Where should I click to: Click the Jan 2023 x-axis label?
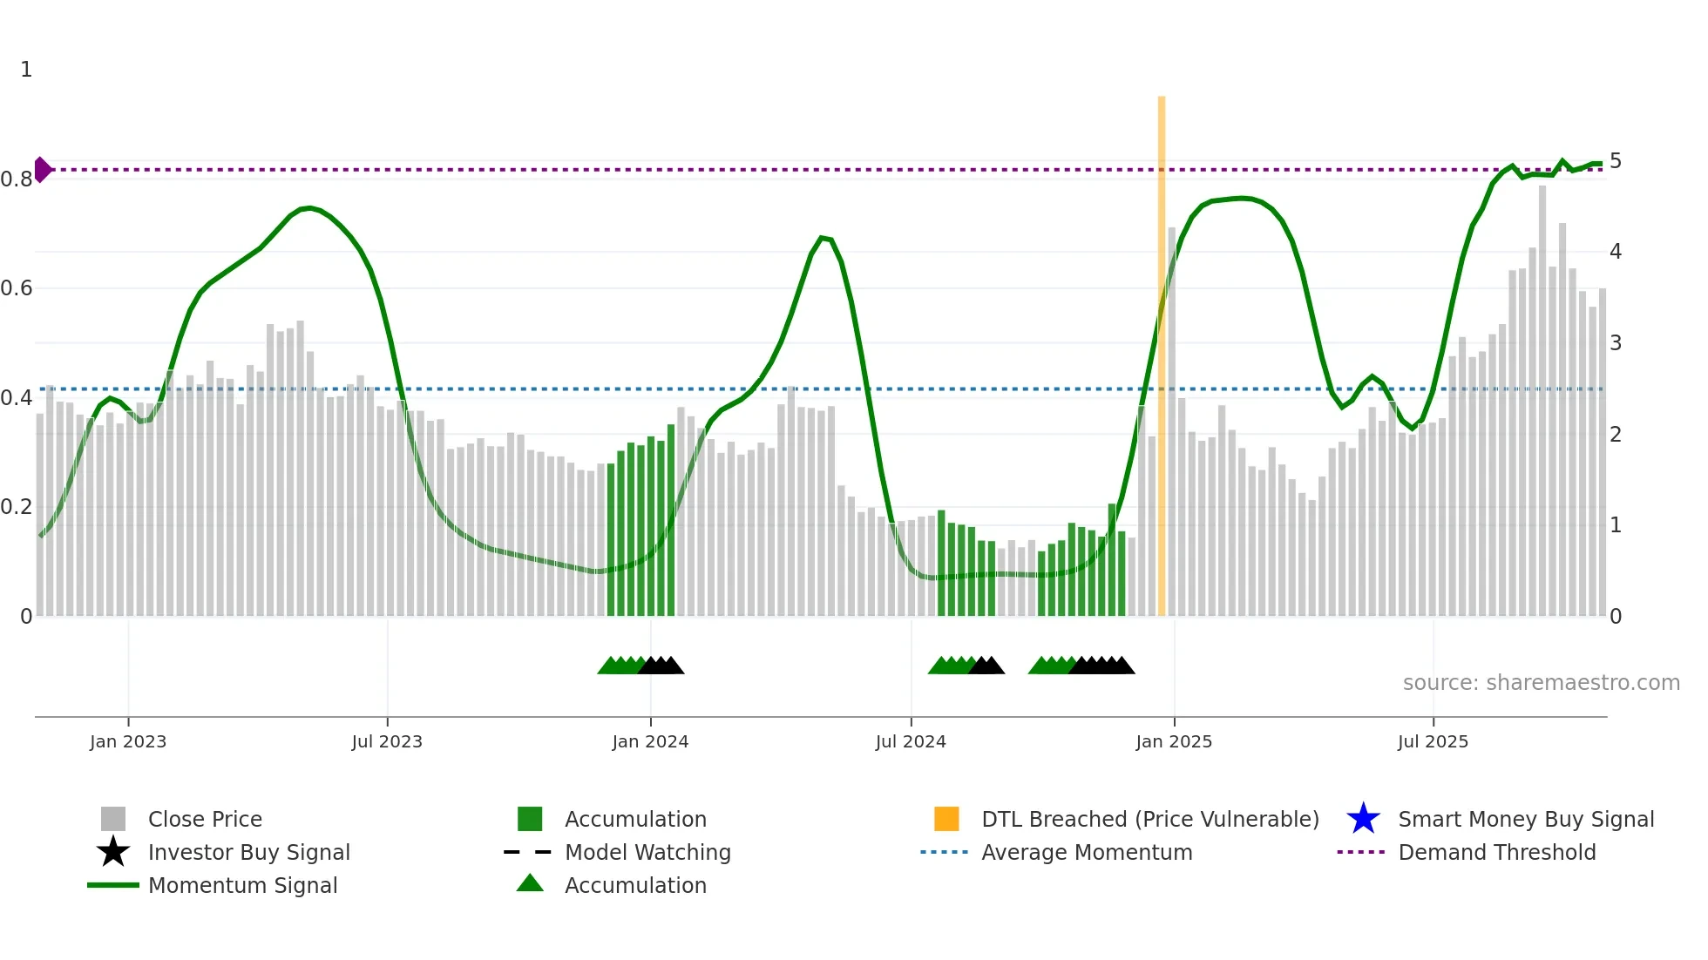tap(127, 741)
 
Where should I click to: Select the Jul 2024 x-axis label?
tap(911, 741)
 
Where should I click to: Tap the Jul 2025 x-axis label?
tap(1433, 741)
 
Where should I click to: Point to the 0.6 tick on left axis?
tap(17, 288)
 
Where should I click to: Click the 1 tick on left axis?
tap(26, 70)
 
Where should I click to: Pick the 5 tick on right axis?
tap(1616, 161)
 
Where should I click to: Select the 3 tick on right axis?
tap(1616, 343)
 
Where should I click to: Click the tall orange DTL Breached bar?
tap(1162, 348)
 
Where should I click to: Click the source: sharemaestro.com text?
tap(1541, 683)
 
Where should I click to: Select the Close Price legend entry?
tap(205, 819)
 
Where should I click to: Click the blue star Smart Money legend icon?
tap(1363, 819)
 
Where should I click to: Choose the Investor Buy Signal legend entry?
tap(248, 852)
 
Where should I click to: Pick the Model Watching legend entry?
tap(647, 852)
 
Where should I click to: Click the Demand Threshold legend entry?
tap(1496, 852)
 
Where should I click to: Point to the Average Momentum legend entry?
tap(1086, 852)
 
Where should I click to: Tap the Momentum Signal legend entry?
tap(242, 885)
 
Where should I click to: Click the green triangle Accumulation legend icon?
tap(530, 883)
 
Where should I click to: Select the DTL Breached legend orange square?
tap(946, 819)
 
